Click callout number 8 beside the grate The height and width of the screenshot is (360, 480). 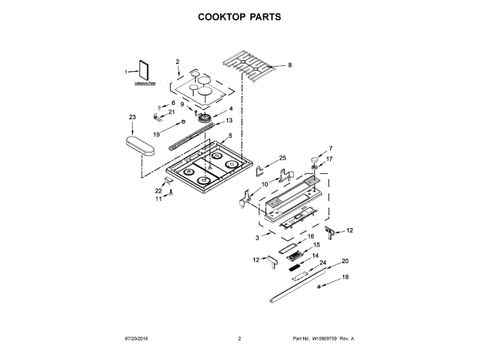point(289,65)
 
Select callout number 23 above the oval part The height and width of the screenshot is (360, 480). point(132,118)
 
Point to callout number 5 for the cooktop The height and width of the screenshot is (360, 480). point(230,136)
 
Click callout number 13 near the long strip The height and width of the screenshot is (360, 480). point(229,121)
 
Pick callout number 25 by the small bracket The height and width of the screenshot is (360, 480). point(283,157)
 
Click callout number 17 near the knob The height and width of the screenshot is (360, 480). point(328,159)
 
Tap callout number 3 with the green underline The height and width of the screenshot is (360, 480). point(256,237)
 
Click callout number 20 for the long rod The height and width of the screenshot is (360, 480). point(345,261)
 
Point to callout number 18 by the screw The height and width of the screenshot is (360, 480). point(346,277)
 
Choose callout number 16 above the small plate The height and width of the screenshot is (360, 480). point(310,236)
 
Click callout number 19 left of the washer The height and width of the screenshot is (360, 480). point(156,133)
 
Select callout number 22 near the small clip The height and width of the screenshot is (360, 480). point(158,190)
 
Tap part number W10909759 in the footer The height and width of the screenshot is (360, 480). point(322,339)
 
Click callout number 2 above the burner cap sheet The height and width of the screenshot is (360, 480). point(178,61)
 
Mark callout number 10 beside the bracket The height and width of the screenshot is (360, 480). point(264,183)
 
